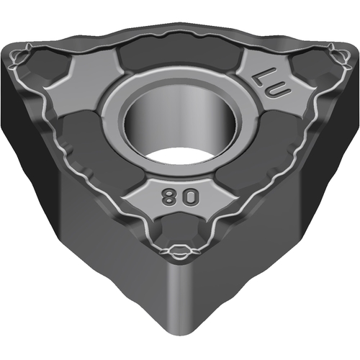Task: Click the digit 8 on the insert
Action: click(x=167, y=197)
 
